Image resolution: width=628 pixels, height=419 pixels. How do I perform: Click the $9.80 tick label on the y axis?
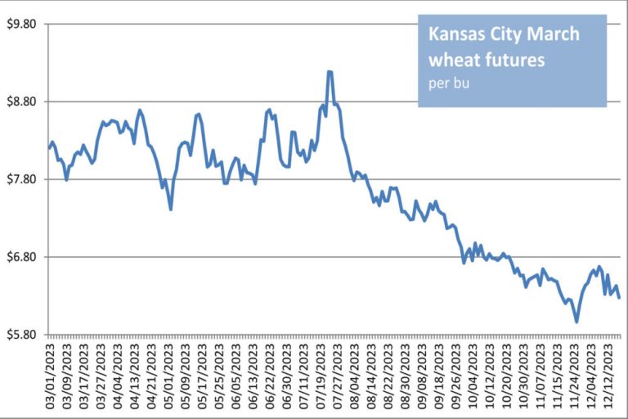tap(22, 24)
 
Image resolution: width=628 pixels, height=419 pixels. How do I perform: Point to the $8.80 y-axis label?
tap(22, 101)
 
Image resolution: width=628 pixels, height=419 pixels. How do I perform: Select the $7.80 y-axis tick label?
tap(22, 179)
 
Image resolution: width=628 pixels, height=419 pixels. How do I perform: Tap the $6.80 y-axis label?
tap(22, 257)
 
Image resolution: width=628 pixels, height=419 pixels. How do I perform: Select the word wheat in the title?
tap(452, 60)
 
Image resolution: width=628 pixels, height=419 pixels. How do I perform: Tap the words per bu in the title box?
tap(446, 83)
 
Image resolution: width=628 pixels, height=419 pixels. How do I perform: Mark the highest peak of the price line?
tap(329, 72)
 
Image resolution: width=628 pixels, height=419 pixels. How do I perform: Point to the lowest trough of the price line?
tap(576, 322)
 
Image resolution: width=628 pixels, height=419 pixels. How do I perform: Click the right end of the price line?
tap(619, 297)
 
